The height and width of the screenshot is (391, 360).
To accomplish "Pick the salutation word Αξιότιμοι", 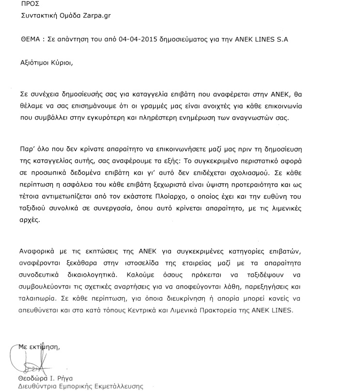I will click(x=37, y=63).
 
